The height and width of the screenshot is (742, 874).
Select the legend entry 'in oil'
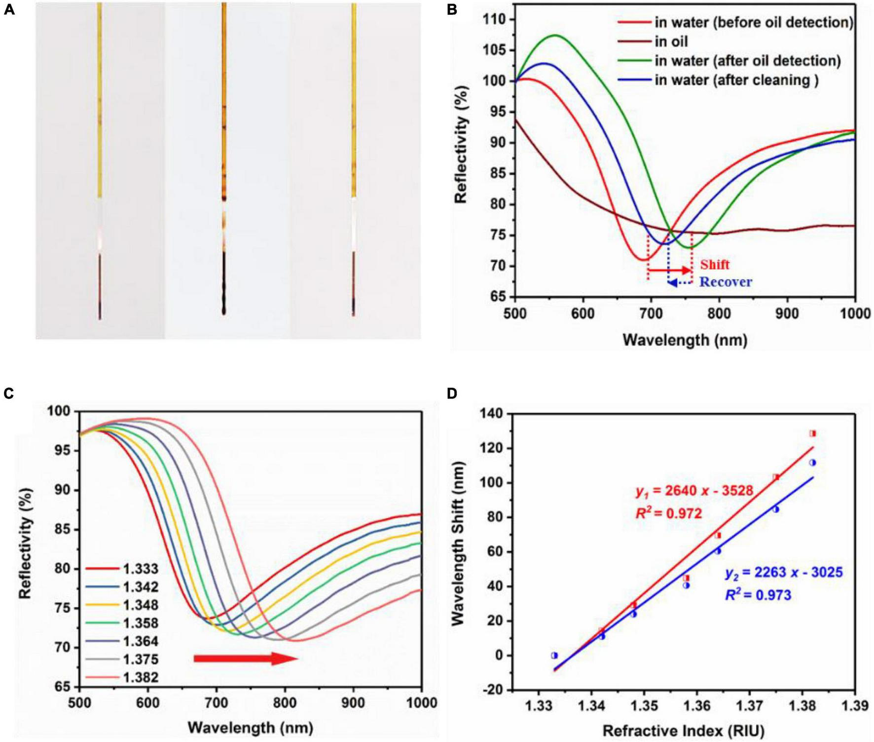pyautogui.click(x=671, y=41)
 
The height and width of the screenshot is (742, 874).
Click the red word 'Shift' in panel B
pyautogui.click(x=715, y=265)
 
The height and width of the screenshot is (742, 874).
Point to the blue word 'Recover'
pyautogui.click(x=726, y=282)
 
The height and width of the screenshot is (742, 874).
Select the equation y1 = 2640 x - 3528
pyautogui.click(x=694, y=491)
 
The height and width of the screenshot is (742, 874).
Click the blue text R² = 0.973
pyautogui.click(x=758, y=595)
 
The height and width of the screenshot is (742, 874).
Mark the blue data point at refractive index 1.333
pyautogui.click(x=554, y=655)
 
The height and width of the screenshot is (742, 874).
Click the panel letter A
pyautogui.click(x=9, y=10)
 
